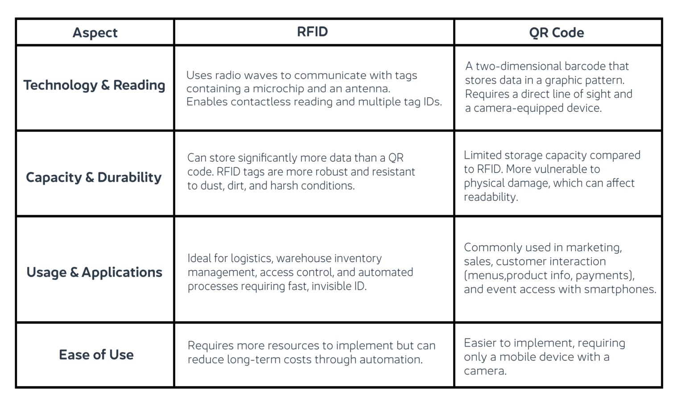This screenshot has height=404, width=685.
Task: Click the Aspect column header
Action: pos(95,33)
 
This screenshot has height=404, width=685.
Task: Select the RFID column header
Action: pos(312,32)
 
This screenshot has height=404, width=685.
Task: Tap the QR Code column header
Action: pos(556,33)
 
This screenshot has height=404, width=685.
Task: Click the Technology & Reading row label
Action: pos(94,85)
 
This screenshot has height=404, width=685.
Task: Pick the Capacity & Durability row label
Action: pos(94,177)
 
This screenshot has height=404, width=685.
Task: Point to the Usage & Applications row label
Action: pos(94,272)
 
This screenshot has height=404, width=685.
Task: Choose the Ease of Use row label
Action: pos(96,355)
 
